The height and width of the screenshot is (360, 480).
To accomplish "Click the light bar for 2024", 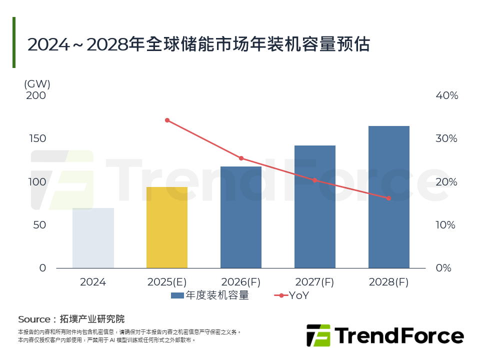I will click(93, 238).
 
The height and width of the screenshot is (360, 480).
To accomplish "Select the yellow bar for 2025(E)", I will click(167, 227).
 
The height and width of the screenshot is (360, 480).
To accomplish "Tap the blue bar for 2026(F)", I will click(241, 217).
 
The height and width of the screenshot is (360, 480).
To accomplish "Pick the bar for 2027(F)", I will click(315, 206).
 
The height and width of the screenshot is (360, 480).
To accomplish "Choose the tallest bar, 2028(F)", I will click(389, 197).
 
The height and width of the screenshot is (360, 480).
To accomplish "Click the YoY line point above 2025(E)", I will click(167, 120).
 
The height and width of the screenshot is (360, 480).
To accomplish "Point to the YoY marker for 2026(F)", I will click(241, 158).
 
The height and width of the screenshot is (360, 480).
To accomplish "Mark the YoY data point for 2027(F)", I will click(315, 180).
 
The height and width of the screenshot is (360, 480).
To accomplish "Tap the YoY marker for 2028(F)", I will click(388, 198).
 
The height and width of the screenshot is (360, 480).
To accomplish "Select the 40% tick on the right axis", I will click(446, 95).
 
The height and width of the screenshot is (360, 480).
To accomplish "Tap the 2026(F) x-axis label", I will click(241, 282).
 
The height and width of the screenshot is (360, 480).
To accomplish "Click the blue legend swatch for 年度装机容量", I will click(177, 295).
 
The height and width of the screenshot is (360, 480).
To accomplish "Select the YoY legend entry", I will click(292, 295).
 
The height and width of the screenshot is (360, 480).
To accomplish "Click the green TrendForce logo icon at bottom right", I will click(318, 335).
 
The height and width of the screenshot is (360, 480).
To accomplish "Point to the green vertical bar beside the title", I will click(14, 42).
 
